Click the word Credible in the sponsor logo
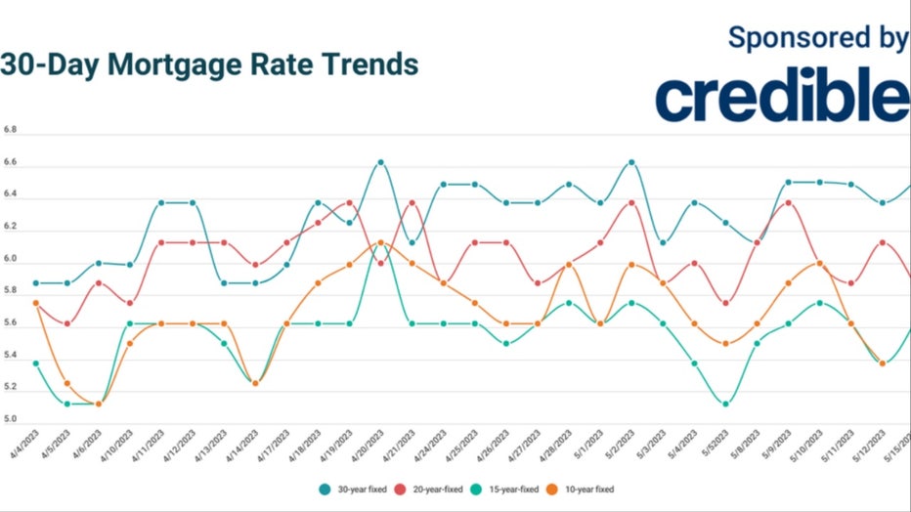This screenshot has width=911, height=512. pos(782,96)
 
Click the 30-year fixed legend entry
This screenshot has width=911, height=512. pos(357,489)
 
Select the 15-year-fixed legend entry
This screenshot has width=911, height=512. pos(509,489)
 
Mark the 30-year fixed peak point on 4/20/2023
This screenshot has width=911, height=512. pos(380,162)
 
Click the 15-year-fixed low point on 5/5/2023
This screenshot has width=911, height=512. pos(724,404)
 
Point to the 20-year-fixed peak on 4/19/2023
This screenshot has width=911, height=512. pos(349,203)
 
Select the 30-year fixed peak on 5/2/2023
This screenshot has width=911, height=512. pos(631,162)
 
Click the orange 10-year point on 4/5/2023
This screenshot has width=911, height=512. pos(66,383)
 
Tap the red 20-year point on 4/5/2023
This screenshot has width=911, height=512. pos(66,323)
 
